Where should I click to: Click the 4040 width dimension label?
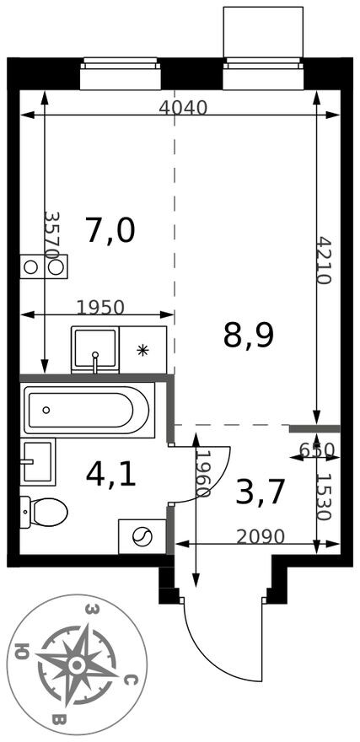click(183, 107)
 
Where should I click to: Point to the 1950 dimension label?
click(100, 307)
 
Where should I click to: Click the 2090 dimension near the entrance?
click(261, 536)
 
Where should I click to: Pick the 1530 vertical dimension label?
click(325, 498)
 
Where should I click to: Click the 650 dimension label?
click(317, 449)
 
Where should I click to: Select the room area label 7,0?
click(110, 229)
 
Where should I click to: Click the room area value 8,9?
click(249, 335)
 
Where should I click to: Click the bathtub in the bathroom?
click(87, 411)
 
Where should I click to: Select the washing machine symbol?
click(142, 535)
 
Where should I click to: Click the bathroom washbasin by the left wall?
click(38, 462)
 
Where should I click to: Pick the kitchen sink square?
click(94, 349)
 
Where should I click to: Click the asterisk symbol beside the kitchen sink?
click(142, 349)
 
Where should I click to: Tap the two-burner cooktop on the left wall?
click(44, 267)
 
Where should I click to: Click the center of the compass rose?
click(78, 664)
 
